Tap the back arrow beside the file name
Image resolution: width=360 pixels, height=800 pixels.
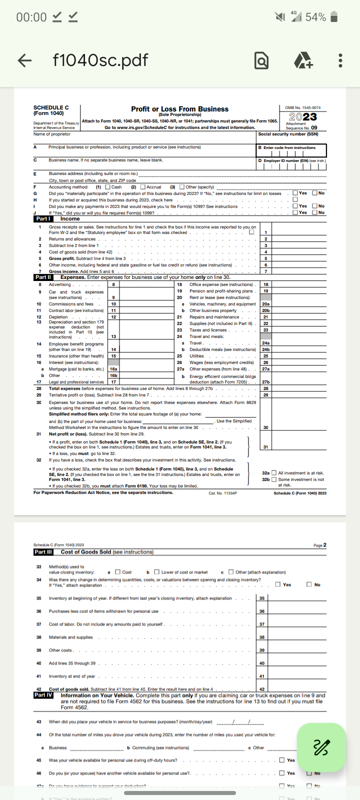point(24,60)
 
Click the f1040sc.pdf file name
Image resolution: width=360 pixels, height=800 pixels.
point(100,60)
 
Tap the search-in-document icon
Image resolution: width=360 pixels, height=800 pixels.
point(261,61)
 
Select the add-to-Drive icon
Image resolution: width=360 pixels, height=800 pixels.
point(303,61)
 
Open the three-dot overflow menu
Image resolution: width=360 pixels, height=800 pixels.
point(340,60)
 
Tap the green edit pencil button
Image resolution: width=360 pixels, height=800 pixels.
point(321,747)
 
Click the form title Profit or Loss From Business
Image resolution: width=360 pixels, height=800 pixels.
point(179,109)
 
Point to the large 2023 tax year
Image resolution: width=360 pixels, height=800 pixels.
point(302,116)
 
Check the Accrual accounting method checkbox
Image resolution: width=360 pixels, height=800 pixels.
point(143,187)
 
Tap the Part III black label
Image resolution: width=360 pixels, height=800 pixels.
point(43,552)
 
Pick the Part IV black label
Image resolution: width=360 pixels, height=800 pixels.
point(43,695)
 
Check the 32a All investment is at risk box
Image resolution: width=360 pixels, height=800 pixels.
point(273,473)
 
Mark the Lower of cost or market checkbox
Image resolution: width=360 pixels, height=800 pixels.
point(156,572)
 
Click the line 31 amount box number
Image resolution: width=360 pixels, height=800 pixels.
point(265,447)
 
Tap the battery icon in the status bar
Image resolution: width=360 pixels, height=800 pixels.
point(334,17)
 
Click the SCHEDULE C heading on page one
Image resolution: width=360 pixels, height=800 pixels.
point(51,107)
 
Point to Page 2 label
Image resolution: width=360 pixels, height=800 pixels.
point(319,545)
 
